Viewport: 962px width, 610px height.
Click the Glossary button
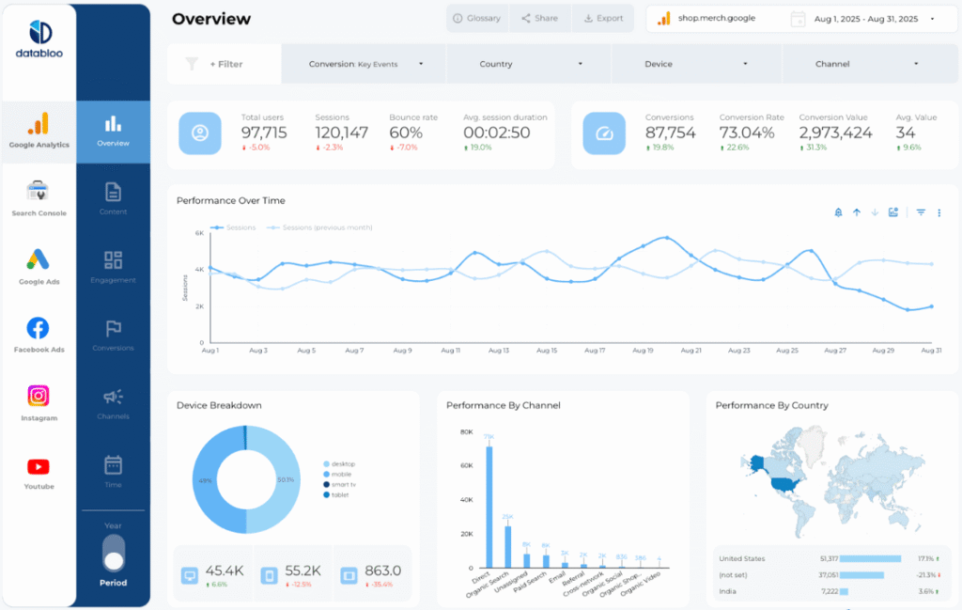click(477, 18)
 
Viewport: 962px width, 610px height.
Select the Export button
click(603, 18)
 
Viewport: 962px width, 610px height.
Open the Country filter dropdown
click(528, 64)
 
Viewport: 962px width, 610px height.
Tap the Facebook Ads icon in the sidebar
click(39, 328)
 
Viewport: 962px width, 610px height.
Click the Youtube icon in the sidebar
click(39, 467)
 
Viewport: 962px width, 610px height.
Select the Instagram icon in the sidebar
click(39, 397)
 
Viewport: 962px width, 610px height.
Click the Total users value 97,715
click(264, 133)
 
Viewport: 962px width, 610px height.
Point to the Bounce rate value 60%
click(406, 133)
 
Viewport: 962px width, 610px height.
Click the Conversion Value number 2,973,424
click(835, 133)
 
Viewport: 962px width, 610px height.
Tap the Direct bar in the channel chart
click(489, 508)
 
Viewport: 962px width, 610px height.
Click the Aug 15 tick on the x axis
click(547, 351)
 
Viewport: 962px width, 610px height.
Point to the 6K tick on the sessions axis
click(199, 233)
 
